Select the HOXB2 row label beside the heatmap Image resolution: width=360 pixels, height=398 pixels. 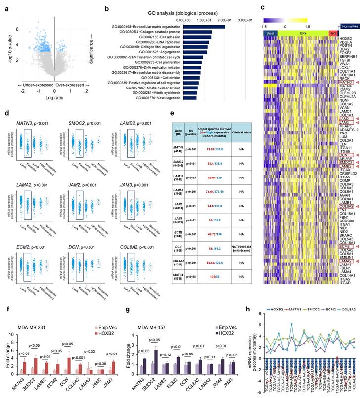(346, 38)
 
